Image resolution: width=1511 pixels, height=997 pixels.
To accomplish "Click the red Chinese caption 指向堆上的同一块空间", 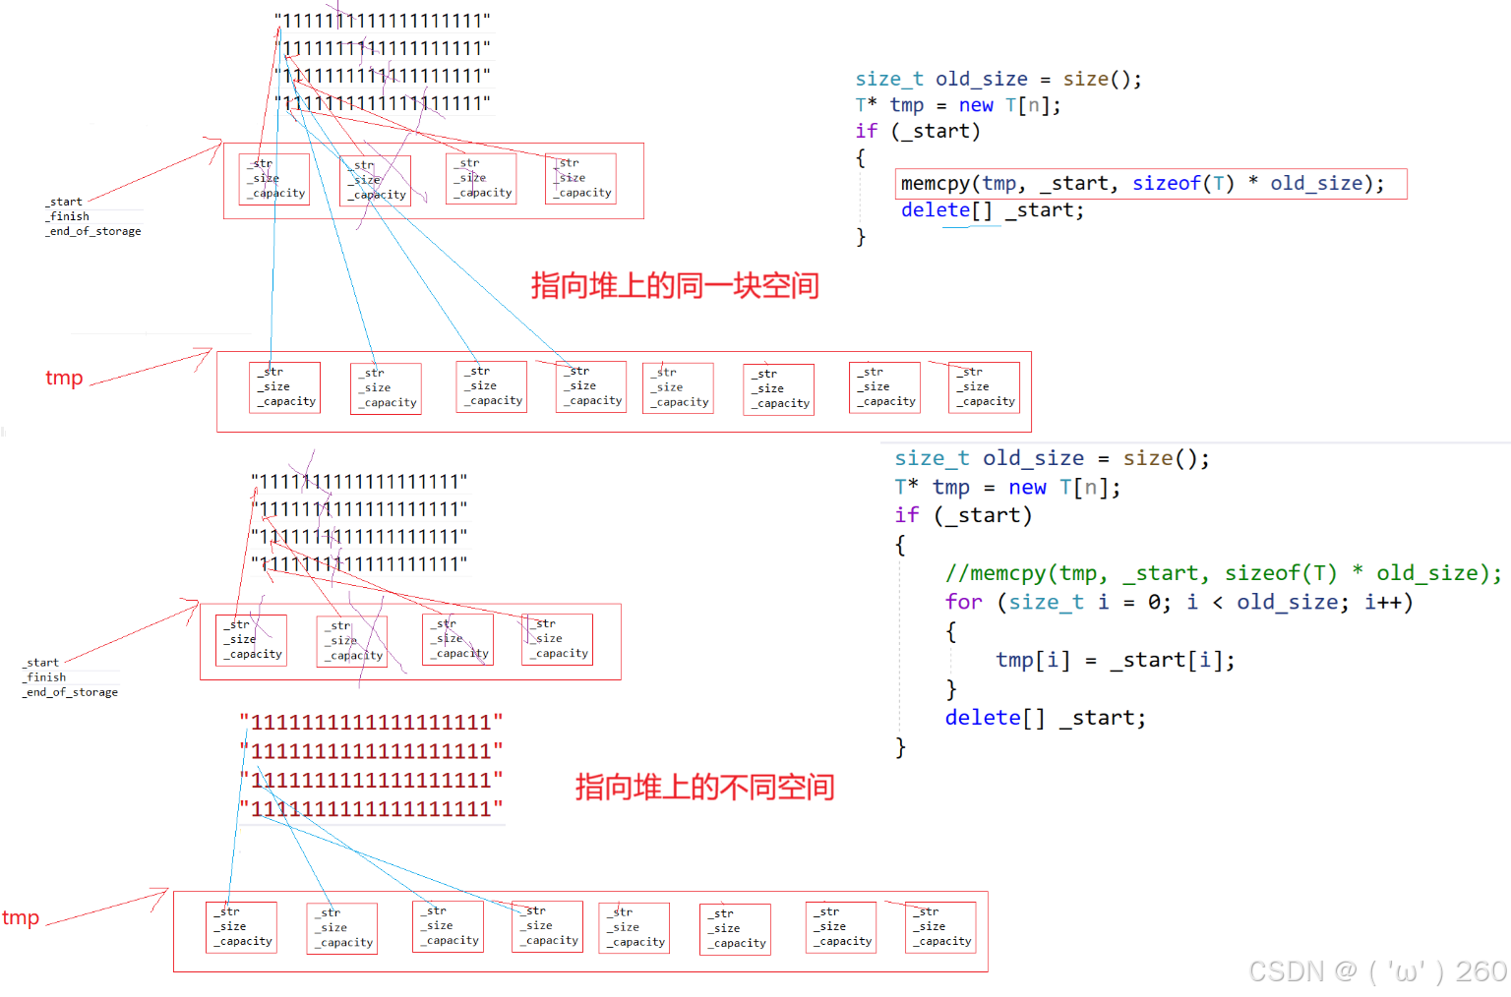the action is coord(675,286).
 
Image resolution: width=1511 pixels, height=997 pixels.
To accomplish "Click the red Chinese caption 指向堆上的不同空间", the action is coord(704,787).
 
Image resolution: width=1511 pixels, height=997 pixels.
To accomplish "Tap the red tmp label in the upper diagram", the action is coord(64,379).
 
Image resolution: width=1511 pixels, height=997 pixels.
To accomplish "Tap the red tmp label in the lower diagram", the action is coord(21,918).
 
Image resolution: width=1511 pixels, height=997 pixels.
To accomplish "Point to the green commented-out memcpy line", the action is coord(1223,573).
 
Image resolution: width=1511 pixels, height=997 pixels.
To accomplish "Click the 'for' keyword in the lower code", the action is coord(963,602).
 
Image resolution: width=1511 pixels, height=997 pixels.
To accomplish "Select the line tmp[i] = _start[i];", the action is coord(1115,660).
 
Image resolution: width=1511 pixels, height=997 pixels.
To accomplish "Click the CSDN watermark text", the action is coord(1376,971).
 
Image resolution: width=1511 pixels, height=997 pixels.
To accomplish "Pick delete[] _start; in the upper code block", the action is coord(992,210).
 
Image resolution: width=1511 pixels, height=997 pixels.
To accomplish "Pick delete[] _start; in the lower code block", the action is coord(1045,718).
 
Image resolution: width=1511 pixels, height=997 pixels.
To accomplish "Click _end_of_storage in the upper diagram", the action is coord(93,231).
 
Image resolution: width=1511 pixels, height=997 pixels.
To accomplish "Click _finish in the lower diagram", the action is coord(46,677).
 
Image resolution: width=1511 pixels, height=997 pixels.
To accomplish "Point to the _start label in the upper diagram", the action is coord(65,202).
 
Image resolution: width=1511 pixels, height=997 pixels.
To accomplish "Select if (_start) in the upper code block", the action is coord(917,131).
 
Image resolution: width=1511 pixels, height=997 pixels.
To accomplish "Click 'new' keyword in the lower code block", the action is coord(1027,487).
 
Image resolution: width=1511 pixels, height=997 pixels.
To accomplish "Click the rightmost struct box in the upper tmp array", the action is coord(984,387).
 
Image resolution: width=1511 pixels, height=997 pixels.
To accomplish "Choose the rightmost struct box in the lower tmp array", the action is coord(940,927).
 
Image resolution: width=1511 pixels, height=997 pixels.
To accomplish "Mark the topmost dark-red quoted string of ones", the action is coord(372,723).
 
